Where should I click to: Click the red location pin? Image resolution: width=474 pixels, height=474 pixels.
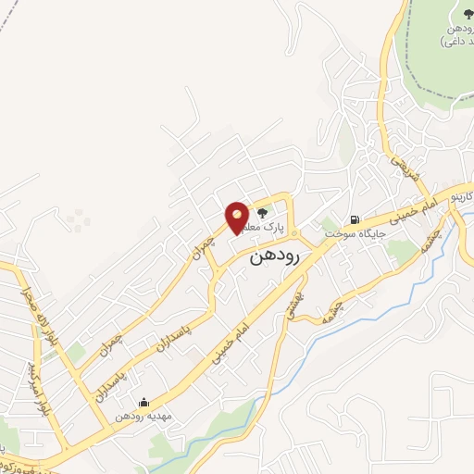click(237, 217)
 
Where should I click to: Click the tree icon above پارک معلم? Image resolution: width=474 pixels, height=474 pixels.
click(274, 212)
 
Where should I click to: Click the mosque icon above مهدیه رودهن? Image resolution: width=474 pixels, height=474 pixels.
click(143, 403)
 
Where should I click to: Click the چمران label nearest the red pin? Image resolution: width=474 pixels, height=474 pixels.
click(210, 243)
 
